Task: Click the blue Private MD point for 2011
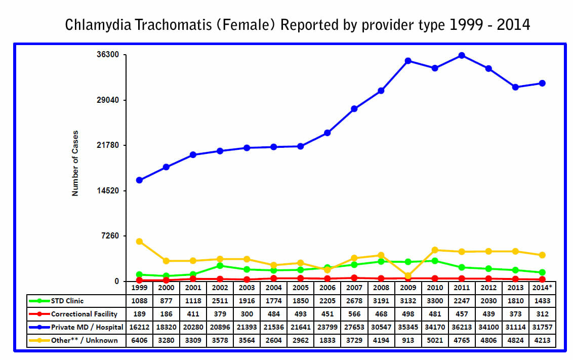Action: pyautogui.click(x=462, y=55)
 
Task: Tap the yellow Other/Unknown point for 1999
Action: pyautogui.click(x=139, y=242)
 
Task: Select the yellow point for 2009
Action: pyautogui.click(x=408, y=276)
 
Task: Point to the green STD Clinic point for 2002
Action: pyautogui.click(x=220, y=266)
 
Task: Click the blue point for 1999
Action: pyautogui.click(x=139, y=180)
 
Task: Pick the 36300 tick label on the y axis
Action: pyautogui.click(x=107, y=55)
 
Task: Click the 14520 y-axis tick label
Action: pyautogui.click(x=107, y=191)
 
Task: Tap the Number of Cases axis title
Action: pyautogui.click(x=75, y=164)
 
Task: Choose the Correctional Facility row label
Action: pyautogui.click(x=84, y=314)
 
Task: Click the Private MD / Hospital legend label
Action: pyautogui.click(x=87, y=327)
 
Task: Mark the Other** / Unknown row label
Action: pyautogui.click(x=84, y=340)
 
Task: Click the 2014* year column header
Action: pyautogui.click(x=542, y=288)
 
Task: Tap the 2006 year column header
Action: pyautogui.click(x=327, y=288)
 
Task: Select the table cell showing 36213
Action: pyautogui.click(x=462, y=327)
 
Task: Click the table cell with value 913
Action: pyautogui.click(x=408, y=340)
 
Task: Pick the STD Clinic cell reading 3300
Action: pyautogui.click(x=435, y=301)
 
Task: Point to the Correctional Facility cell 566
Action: pyautogui.click(x=354, y=314)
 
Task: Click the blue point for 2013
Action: pyautogui.click(x=515, y=87)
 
